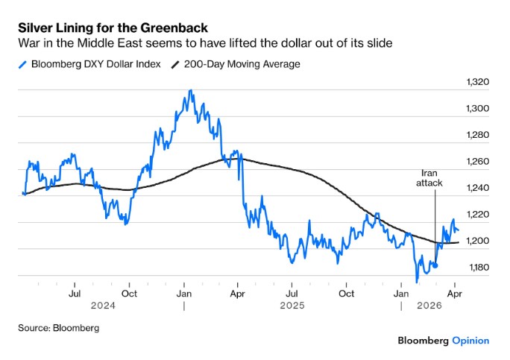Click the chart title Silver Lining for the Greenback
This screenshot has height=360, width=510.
pos(113,28)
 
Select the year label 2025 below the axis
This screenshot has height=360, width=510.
pos(291,306)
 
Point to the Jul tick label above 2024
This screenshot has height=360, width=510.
pos(75,294)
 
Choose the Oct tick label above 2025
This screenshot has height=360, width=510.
pos(346,294)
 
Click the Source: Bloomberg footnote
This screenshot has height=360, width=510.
pos(59,327)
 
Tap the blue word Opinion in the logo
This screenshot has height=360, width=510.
pos(470,341)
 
